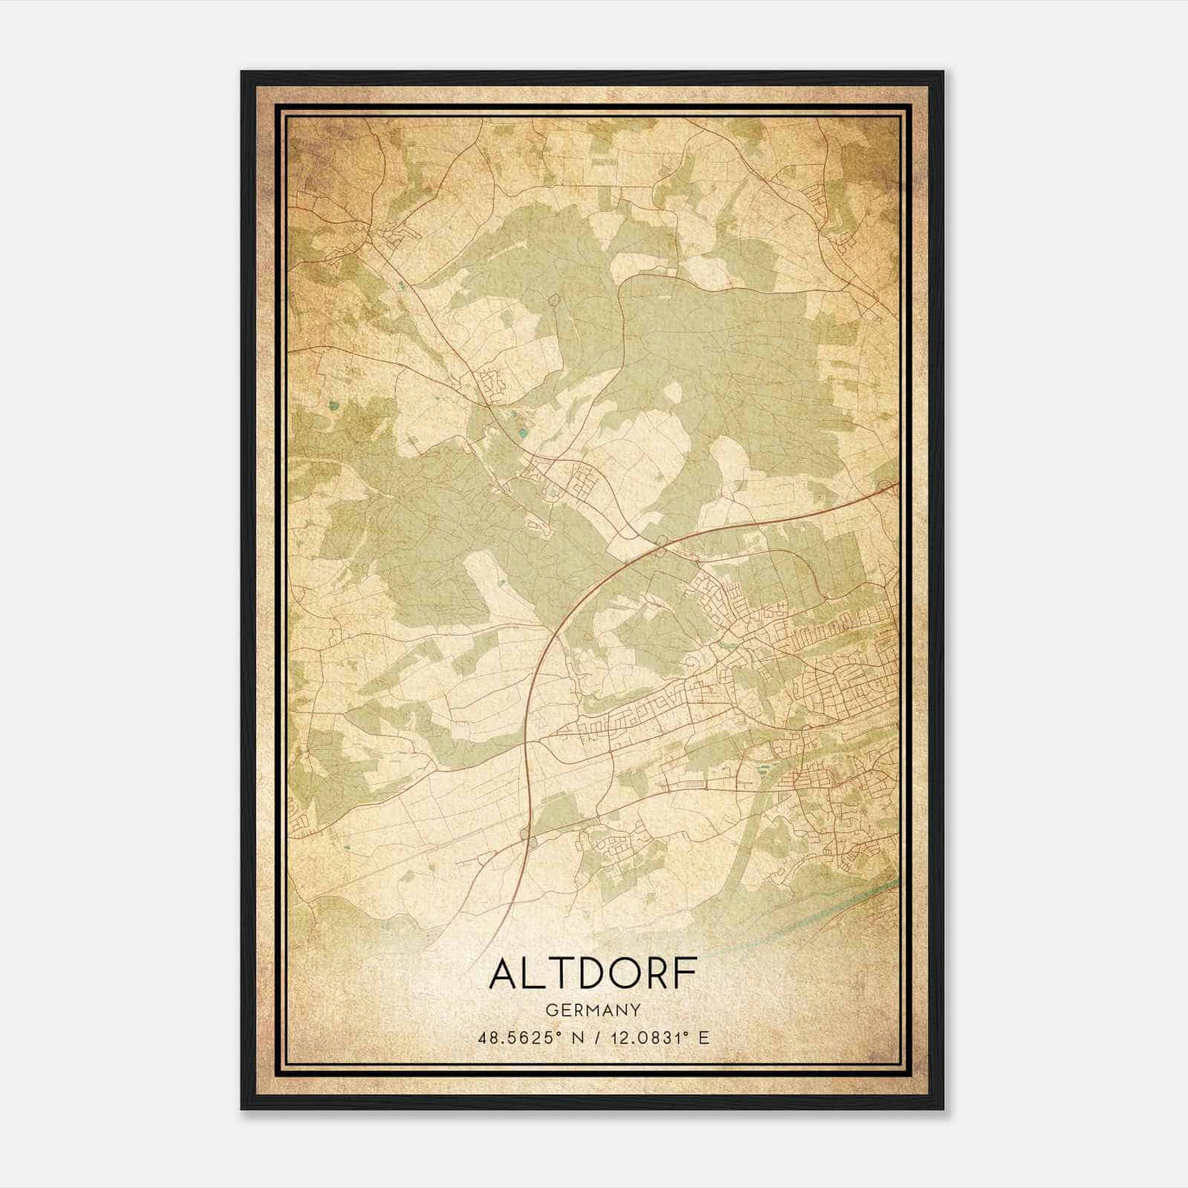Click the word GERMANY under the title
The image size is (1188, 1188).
click(593, 1010)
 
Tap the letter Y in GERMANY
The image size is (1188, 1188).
click(635, 1010)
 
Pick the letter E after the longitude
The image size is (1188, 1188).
click(703, 1037)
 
